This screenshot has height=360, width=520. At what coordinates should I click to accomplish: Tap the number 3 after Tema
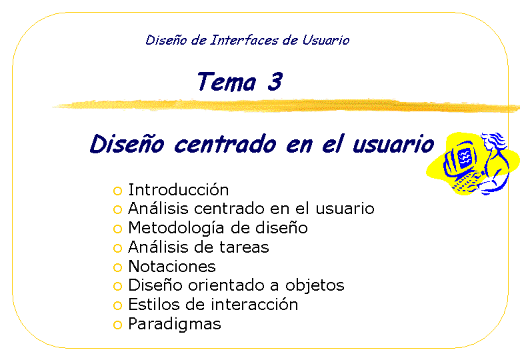point(275,81)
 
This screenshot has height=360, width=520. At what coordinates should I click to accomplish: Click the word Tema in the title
point(227,81)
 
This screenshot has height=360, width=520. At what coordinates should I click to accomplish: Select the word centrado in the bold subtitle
point(225,144)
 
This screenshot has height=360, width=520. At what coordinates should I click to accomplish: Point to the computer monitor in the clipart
point(460,157)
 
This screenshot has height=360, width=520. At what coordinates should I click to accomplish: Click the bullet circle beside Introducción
point(117,191)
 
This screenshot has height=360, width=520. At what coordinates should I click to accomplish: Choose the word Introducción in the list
point(179,189)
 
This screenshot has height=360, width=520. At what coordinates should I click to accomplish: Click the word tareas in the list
point(244,247)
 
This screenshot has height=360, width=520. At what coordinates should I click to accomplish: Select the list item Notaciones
point(172,266)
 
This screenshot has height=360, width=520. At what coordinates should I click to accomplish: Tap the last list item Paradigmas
point(175,325)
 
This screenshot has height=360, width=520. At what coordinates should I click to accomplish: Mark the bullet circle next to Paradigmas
point(117,325)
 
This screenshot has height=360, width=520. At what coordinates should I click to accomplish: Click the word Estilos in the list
point(154,304)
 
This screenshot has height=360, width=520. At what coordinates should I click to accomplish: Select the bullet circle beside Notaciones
point(117,267)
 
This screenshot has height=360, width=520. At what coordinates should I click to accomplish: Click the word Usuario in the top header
point(325,40)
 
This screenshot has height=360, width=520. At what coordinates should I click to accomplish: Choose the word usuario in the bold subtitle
point(393,145)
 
